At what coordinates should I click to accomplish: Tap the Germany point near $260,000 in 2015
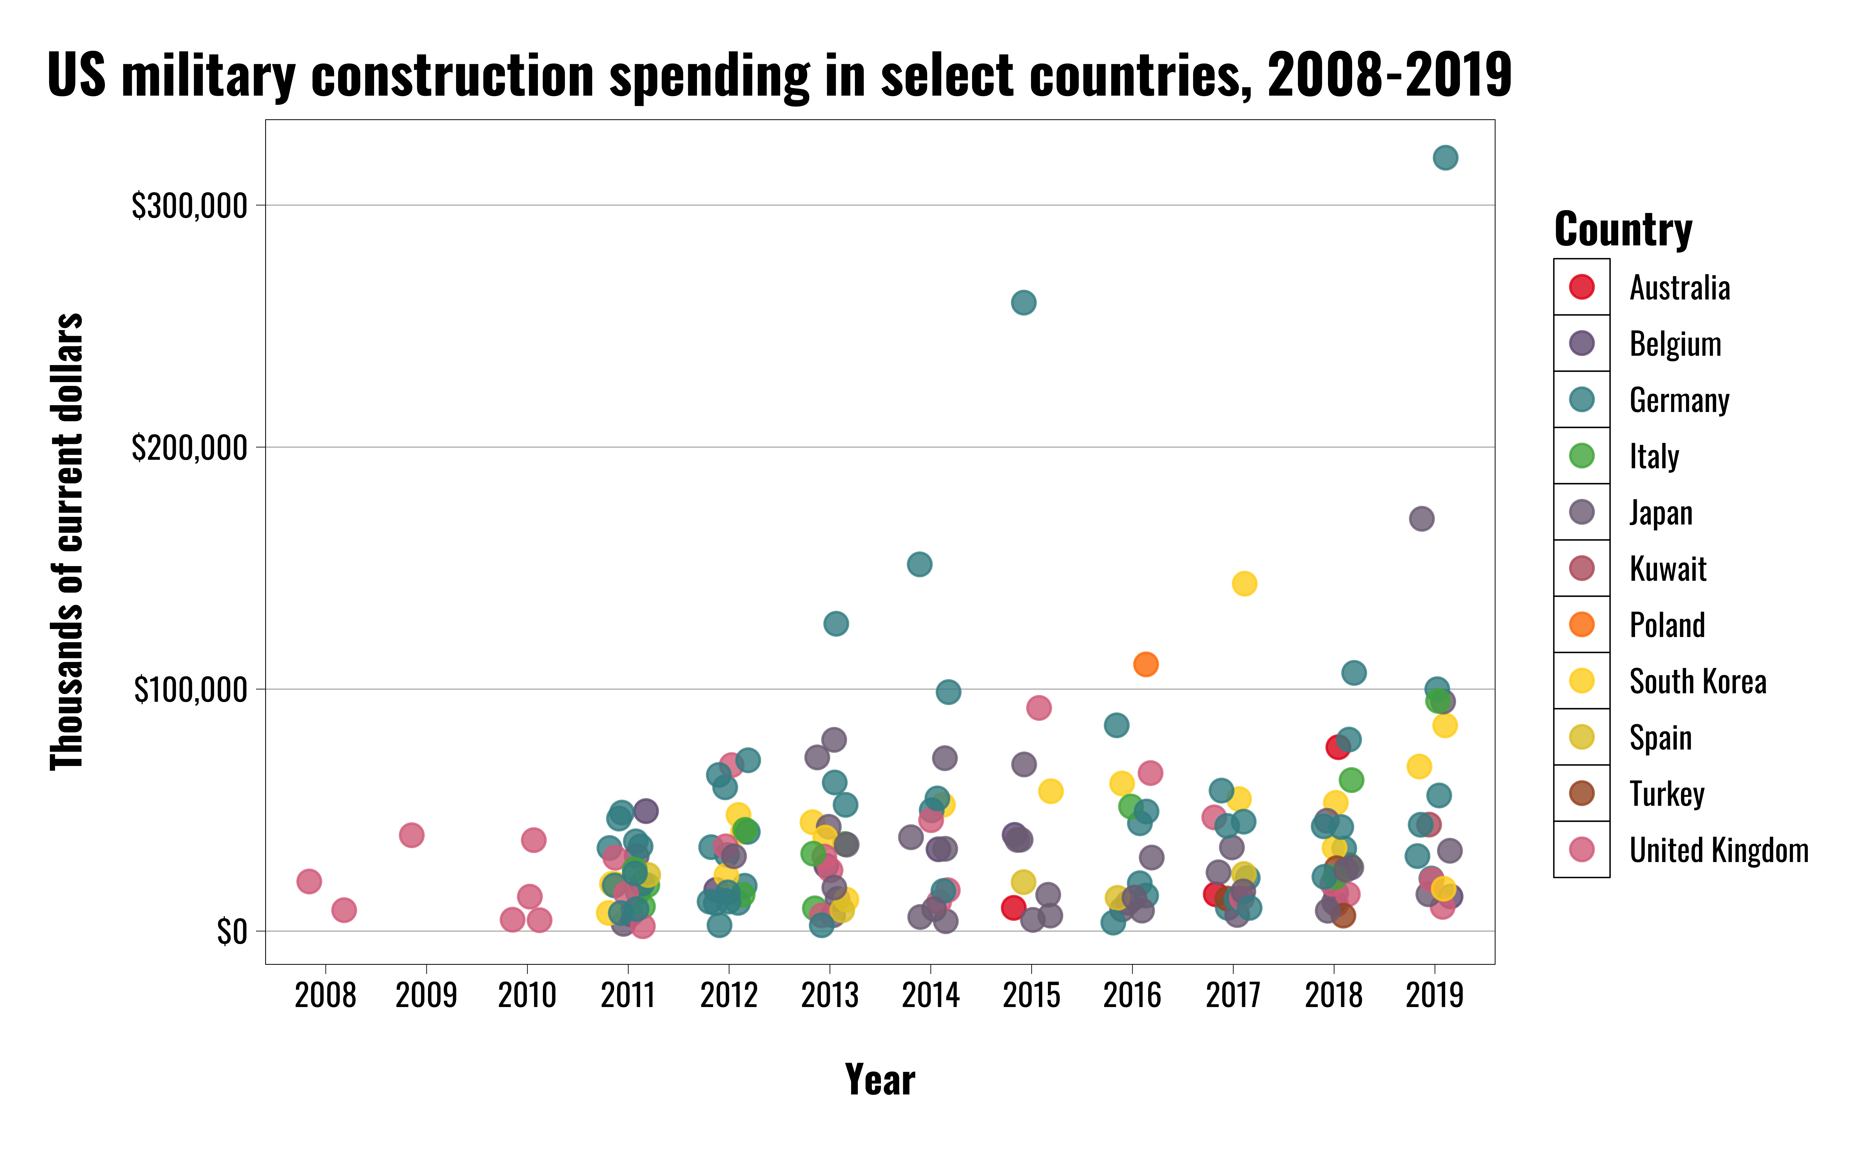click(1024, 302)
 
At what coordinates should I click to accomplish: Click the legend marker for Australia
click(1581, 287)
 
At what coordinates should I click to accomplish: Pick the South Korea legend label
click(1697, 681)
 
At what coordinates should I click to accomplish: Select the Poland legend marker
click(1581, 625)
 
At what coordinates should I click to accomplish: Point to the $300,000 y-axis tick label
click(189, 206)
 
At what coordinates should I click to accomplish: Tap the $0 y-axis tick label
click(232, 932)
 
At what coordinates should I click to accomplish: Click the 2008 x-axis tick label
click(325, 995)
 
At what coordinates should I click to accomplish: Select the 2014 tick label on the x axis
click(930, 995)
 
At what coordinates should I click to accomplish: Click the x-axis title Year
click(880, 1080)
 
